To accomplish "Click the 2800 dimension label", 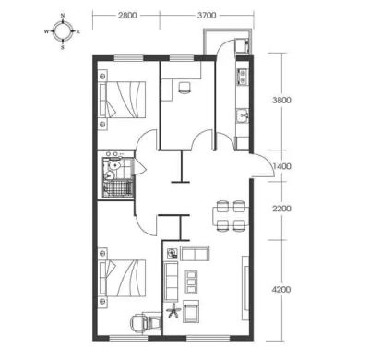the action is (x=127, y=16).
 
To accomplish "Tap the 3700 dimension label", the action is (x=207, y=16).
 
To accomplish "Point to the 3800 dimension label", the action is (x=281, y=101).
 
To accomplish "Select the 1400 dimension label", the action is (x=281, y=166).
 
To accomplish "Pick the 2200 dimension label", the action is (x=281, y=209).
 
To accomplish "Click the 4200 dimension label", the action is (x=281, y=290).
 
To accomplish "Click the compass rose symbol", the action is (x=63, y=31).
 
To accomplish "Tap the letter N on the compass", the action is (x=63, y=16).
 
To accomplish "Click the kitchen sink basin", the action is (x=243, y=115).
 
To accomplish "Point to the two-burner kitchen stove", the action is (x=243, y=77).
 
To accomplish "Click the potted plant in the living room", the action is (x=173, y=310).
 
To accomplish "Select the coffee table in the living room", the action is (x=191, y=282).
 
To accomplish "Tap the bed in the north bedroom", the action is (x=122, y=99).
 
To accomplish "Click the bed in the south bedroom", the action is (x=122, y=278).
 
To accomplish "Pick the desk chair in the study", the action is (x=184, y=88).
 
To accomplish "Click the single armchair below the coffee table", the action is (x=191, y=311).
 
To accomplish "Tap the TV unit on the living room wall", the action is (x=245, y=288).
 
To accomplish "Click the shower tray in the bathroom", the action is (x=118, y=189).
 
